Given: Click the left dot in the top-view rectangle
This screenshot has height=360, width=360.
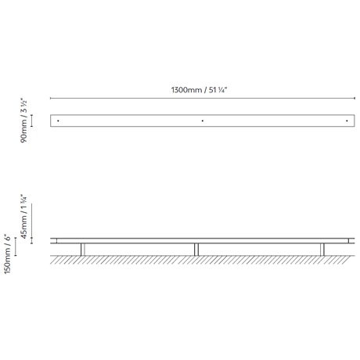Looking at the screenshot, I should (58, 121).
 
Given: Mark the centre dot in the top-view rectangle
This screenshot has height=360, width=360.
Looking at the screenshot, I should (202, 121).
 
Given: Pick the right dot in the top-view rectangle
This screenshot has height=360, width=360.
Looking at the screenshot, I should (347, 121).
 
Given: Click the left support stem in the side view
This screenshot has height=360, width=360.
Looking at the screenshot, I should (82, 249).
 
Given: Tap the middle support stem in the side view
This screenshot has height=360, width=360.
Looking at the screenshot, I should (196, 249).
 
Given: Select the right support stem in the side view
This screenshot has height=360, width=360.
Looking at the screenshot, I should (322, 249).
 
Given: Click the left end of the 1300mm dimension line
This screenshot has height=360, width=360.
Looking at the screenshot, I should (51, 99).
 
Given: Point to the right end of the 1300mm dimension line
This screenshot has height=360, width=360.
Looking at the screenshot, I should (354, 99).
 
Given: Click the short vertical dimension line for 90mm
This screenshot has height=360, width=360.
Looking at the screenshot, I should (32, 121).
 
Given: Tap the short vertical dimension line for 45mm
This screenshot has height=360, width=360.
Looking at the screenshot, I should (32, 240).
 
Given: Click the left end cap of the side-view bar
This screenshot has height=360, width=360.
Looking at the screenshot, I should (54, 240).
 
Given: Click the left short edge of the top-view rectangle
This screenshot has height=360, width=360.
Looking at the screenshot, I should (51, 121).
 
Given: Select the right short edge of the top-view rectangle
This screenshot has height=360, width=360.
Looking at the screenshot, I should (354, 121).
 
